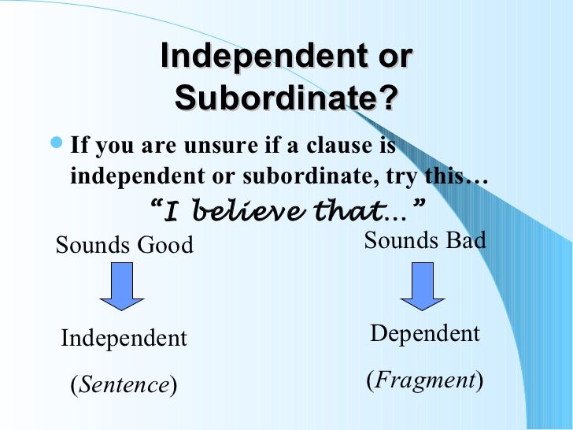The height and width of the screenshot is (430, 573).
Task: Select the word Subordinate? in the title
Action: tap(286, 98)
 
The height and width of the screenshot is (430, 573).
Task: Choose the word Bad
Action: tap(465, 240)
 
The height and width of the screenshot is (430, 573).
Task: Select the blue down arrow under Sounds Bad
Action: tap(423, 287)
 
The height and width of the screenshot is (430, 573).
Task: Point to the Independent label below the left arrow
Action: tap(124, 339)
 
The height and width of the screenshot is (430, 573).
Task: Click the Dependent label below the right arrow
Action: tap(425, 334)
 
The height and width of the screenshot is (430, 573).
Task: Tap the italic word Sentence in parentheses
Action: tap(124, 385)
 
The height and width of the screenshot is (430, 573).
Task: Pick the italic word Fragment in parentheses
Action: tap(425, 381)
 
